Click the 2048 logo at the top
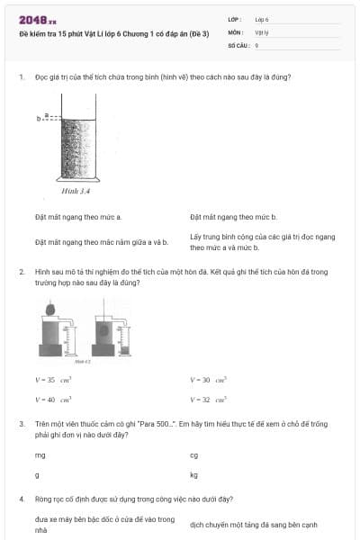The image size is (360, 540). click(x=37, y=19)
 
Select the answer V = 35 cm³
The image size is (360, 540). click(x=47, y=381)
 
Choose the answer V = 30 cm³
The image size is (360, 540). click(x=208, y=381)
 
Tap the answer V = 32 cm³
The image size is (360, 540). click(x=208, y=399)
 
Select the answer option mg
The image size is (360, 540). click(x=40, y=455)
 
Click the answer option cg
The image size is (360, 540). click(x=193, y=455)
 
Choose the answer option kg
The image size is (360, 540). click(x=193, y=474)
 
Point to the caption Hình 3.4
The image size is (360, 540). click(x=76, y=192)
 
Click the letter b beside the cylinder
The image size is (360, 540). click(x=39, y=118)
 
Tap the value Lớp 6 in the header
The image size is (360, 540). click(x=262, y=18)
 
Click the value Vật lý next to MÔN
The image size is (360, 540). click(x=262, y=31)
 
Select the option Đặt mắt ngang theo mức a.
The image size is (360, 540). click(x=78, y=217)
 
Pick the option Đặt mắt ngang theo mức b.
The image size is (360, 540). click(x=233, y=217)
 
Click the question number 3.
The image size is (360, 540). click(x=21, y=423)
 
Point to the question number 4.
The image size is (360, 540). click(x=21, y=498)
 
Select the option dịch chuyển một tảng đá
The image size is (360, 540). click(x=253, y=525)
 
